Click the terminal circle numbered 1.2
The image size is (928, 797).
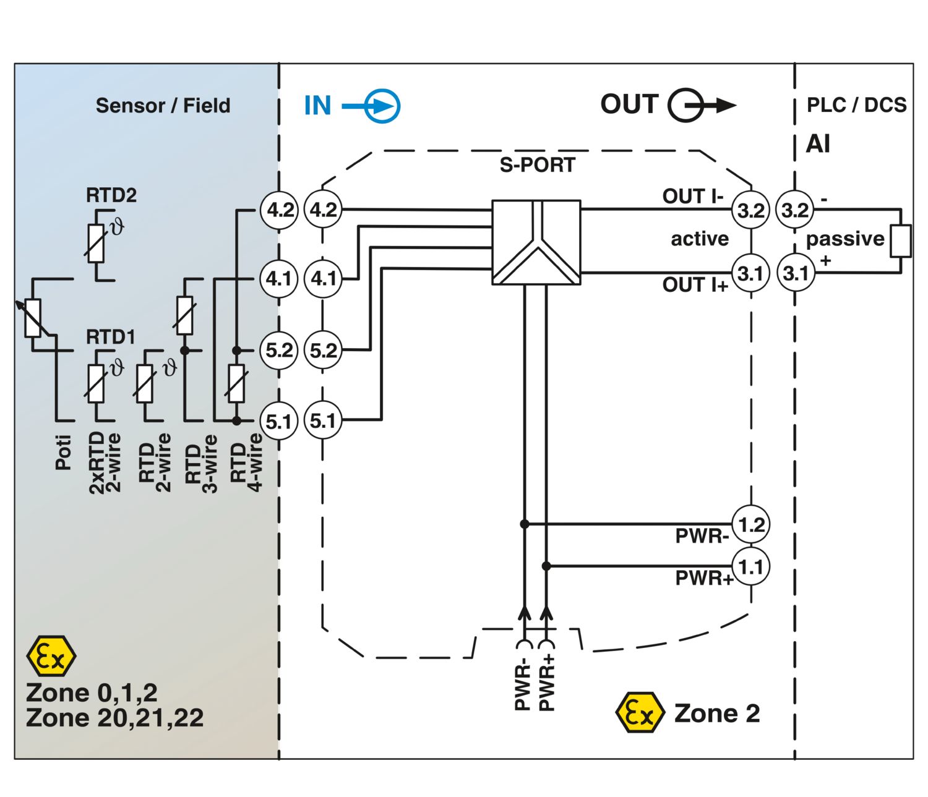click(751, 525)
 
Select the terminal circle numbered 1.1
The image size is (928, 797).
click(751, 566)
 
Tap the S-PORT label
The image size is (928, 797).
click(537, 165)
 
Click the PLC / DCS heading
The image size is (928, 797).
click(856, 105)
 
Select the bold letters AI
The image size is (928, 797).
click(818, 144)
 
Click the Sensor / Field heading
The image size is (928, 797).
click(163, 106)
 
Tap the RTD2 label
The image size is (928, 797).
click(111, 195)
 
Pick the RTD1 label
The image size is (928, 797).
click(110, 337)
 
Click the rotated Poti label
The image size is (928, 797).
click(64, 453)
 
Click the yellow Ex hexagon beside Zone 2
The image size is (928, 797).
click(640, 713)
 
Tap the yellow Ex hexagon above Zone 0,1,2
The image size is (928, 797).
click(51, 656)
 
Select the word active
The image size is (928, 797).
click(700, 239)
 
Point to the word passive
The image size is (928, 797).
click(845, 239)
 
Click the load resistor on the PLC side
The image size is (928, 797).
click(900, 241)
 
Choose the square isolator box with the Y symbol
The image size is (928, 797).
click(536, 242)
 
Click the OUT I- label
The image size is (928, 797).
click(692, 197)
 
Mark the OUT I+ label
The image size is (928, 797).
click(695, 285)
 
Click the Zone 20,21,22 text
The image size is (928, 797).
click(115, 718)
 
